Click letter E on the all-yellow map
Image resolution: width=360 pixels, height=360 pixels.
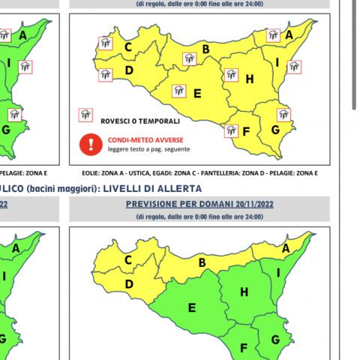[x=197, y=94]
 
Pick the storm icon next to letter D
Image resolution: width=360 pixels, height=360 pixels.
[x=105, y=74]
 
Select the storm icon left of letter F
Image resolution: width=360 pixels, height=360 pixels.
[x=230, y=131]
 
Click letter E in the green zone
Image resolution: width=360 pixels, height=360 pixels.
[x=192, y=307]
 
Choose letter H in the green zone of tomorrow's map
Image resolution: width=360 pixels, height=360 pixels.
[x=243, y=292]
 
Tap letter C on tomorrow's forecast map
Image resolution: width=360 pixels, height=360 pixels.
[x=128, y=260]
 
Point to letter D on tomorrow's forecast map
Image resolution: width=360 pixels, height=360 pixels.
[x=128, y=284]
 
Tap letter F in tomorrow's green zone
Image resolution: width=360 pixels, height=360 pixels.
[x=243, y=347]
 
